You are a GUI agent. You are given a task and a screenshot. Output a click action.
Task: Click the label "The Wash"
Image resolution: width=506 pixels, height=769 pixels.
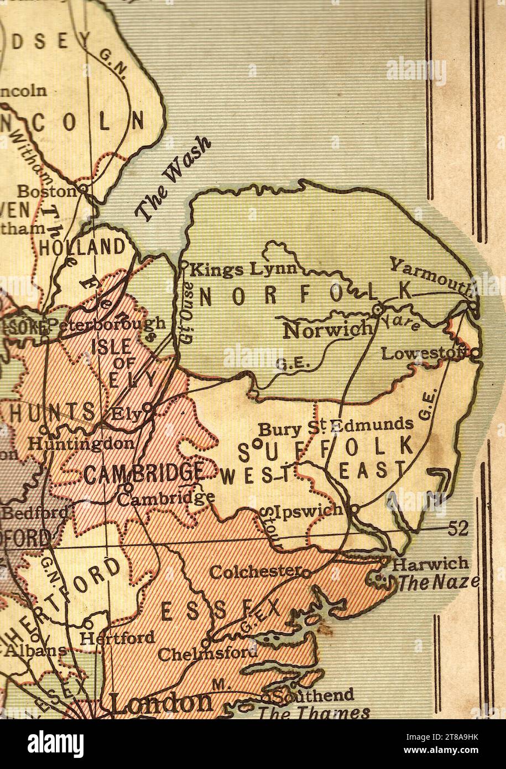173,179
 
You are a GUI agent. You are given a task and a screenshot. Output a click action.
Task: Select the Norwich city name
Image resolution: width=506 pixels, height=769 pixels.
327,330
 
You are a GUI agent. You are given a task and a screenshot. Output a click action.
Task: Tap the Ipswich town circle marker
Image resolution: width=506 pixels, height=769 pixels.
355,507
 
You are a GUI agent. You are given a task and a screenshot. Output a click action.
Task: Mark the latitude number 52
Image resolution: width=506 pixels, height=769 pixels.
458,529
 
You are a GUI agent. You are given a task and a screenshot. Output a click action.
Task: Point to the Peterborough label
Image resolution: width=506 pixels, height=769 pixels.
105,323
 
